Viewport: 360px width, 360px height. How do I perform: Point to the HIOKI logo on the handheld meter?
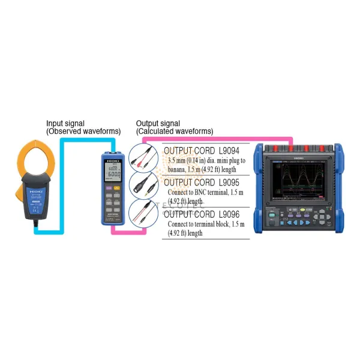pos(112,161)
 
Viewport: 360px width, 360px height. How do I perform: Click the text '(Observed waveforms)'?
pos(83,131)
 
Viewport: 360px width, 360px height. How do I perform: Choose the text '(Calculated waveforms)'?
pos(175,131)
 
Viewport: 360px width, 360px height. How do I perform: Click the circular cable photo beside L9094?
pos(146,158)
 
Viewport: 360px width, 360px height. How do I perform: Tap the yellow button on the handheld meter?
pos(117,188)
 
